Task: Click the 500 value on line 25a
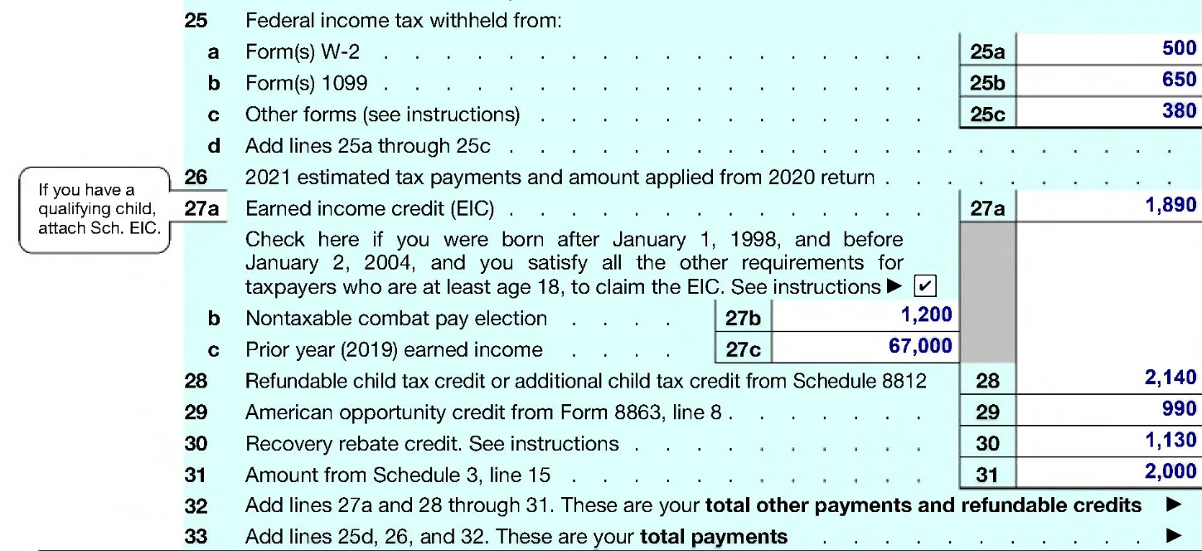point(1179,49)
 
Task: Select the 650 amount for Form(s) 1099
point(1179,80)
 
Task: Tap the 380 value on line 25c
point(1179,110)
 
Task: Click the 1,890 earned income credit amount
point(1170,206)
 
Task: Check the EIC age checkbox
point(925,287)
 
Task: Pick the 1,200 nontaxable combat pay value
point(926,315)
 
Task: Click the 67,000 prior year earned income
point(920,346)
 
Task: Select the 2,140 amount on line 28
point(1170,379)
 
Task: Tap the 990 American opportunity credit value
point(1179,409)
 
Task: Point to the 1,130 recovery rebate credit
point(1170,441)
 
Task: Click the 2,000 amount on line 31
point(1170,471)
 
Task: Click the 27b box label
point(743,319)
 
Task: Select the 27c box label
point(743,349)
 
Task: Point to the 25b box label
point(987,83)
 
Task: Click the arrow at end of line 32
point(1173,505)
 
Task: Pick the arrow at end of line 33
point(1173,536)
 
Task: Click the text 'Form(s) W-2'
point(303,52)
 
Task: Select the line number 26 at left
point(196,177)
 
